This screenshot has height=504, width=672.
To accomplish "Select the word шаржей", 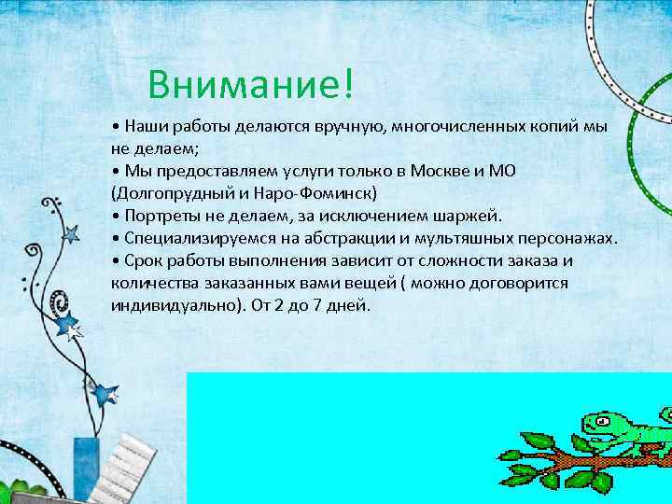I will (470, 217).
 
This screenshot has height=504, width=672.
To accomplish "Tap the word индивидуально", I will (177, 306).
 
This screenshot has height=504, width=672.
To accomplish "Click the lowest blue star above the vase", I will (105, 394).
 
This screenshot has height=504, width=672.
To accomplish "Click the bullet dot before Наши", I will (114, 127).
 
